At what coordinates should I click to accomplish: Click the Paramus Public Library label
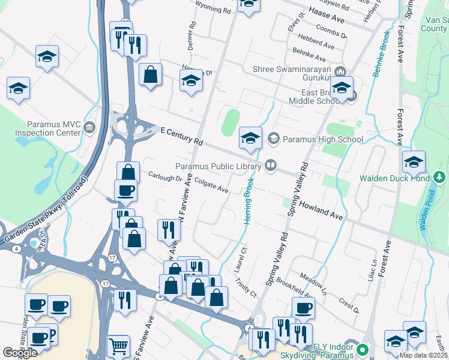click(x=218, y=166)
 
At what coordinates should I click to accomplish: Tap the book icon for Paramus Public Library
click(x=271, y=165)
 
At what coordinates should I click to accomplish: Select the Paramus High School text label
click(x=324, y=140)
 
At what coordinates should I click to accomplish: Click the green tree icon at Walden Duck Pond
click(x=439, y=178)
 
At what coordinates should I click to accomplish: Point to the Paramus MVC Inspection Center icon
click(x=89, y=127)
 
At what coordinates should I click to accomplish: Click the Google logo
click(x=20, y=352)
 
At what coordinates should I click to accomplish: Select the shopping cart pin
click(x=118, y=346)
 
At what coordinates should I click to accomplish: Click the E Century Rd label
click(x=182, y=137)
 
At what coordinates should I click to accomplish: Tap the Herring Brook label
click(x=248, y=200)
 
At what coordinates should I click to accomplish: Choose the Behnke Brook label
click(x=380, y=54)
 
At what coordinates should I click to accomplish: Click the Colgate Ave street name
click(x=211, y=186)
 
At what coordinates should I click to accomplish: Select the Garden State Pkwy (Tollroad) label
click(x=46, y=210)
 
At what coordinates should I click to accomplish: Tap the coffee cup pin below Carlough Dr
click(x=125, y=190)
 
